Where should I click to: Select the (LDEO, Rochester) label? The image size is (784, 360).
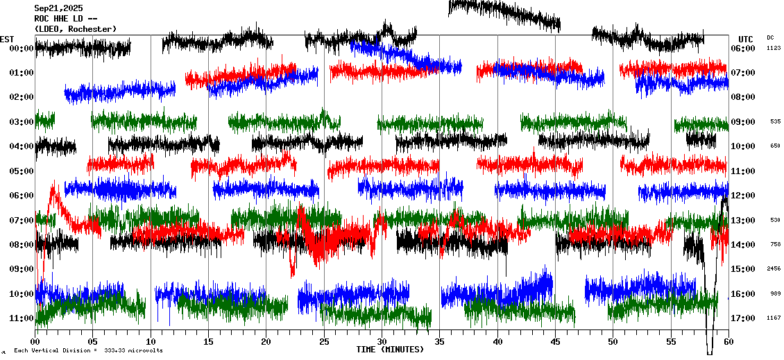[75, 29]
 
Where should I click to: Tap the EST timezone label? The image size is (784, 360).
[8, 39]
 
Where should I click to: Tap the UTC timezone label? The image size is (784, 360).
[746, 39]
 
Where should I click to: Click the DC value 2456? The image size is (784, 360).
[774, 269]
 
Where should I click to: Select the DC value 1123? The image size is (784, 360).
[774, 49]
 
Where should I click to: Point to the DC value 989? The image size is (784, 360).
[775, 294]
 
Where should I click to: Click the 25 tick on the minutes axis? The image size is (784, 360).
[324, 342]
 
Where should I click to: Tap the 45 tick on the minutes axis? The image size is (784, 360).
[555, 342]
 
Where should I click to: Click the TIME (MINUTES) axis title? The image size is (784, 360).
[390, 350]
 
